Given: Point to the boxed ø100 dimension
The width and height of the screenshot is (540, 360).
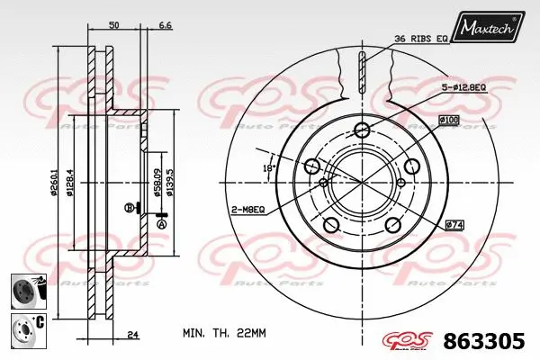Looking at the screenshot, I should (x=450, y=121).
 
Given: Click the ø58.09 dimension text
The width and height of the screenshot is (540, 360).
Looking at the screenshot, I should (x=157, y=182).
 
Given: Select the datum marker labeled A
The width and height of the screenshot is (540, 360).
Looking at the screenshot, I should (x=162, y=225).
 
